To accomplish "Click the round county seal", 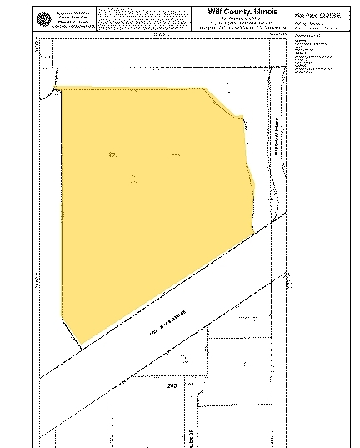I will pos(44,18).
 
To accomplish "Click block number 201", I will pos(114,154).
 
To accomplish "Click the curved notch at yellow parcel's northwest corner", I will pos(57,90).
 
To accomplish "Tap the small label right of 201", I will pos(176,155).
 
